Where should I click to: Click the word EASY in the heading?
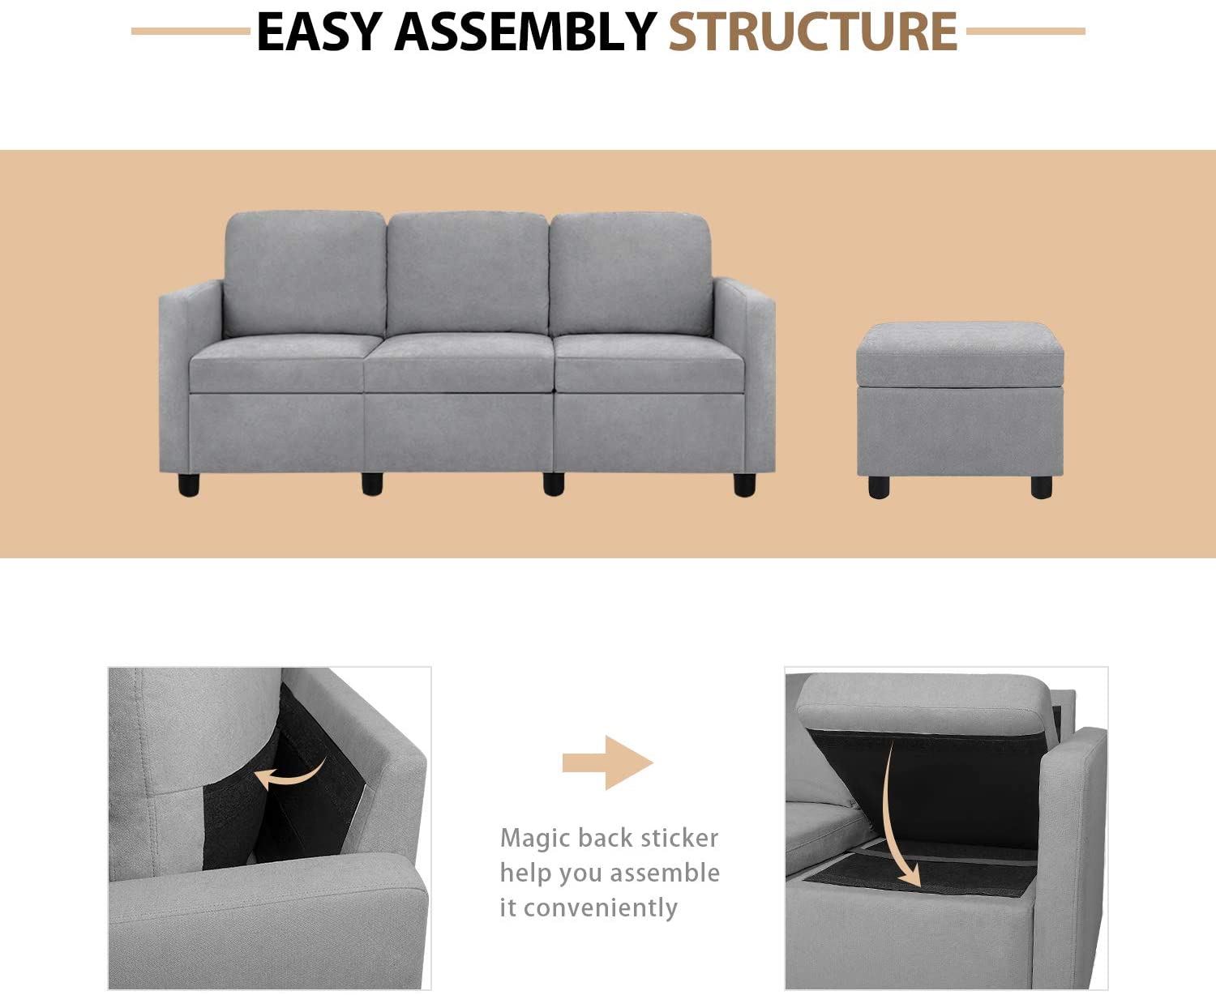(x=319, y=31)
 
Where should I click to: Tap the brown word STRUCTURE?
(x=812, y=31)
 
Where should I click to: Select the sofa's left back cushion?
(x=305, y=273)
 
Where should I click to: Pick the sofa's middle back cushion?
(x=467, y=273)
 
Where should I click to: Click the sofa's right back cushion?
(x=631, y=275)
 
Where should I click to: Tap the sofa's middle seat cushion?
(x=459, y=363)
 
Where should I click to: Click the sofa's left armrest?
(x=191, y=374)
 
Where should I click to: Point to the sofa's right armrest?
(x=743, y=374)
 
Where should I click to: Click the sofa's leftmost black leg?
(x=189, y=485)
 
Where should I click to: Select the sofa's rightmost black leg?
(x=744, y=485)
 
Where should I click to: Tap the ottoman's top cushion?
(x=960, y=355)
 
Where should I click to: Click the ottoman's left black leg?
(x=879, y=487)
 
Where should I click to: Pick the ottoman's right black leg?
(x=1041, y=487)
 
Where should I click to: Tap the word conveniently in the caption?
(x=600, y=908)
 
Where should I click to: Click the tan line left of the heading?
(x=191, y=31)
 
